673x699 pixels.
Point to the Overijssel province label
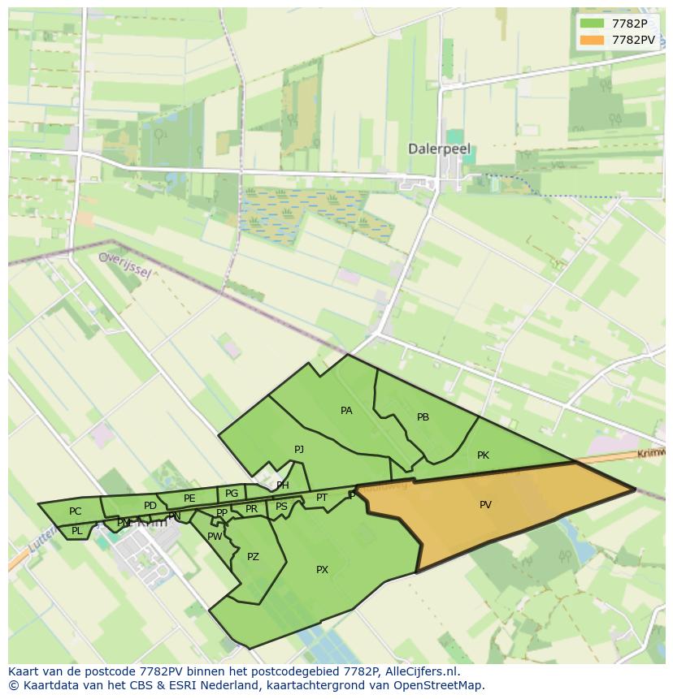tap(124, 264)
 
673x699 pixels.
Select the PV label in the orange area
tap(485, 505)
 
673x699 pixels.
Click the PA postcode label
tap(346, 411)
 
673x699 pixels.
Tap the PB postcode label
tap(423, 417)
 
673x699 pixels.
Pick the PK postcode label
tap(483, 455)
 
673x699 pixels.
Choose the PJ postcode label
tap(299, 449)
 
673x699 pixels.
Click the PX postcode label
tap(322, 570)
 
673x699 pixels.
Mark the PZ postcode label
tap(253, 557)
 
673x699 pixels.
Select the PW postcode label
tap(215, 537)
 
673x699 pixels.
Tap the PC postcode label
tap(76, 511)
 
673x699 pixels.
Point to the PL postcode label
tap(76, 531)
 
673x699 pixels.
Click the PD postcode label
tap(150, 506)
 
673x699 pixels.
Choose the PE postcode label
tap(189, 498)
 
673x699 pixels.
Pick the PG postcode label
tap(232, 493)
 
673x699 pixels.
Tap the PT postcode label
tap(322, 498)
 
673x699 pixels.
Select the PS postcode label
tap(281, 507)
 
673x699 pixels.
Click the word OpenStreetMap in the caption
tap(440, 685)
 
